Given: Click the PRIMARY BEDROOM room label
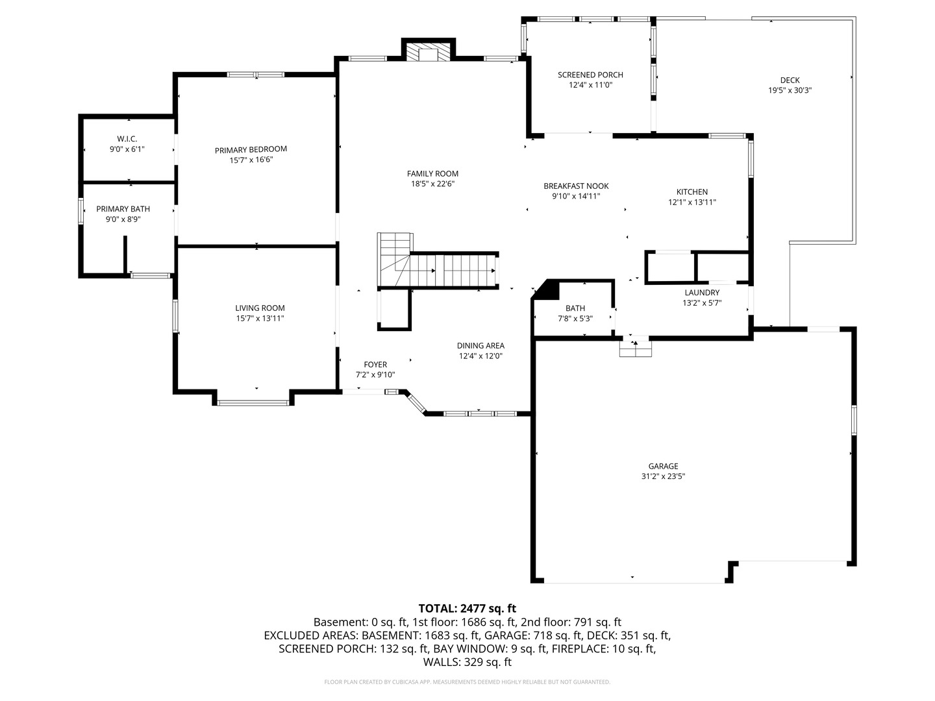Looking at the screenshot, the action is (x=251, y=150).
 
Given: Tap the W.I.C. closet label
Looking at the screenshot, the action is (x=127, y=139).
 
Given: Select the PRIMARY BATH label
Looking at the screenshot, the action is (x=123, y=209).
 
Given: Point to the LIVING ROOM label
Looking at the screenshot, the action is (x=260, y=308).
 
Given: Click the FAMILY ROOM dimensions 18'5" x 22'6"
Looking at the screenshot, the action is (x=432, y=184).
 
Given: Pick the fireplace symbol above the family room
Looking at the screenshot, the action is (x=428, y=52).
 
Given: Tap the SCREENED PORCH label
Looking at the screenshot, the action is (x=590, y=75).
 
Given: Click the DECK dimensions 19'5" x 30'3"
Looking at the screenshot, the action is (x=790, y=90).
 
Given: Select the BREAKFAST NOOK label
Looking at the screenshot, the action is (x=576, y=186).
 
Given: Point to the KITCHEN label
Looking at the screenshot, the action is (x=692, y=192).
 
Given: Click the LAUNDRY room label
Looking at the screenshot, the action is (x=702, y=293).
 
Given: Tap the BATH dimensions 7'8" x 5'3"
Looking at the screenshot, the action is (x=575, y=318).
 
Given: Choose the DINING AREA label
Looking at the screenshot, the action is (x=480, y=345).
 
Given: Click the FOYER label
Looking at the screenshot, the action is (x=375, y=365).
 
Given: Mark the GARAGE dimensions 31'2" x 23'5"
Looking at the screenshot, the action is (x=663, y=476).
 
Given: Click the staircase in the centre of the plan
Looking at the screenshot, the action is (x=438, y=262).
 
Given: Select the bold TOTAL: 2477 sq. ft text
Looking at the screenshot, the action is (x=467, y=609).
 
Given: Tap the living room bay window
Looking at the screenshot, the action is (x=253, y=402).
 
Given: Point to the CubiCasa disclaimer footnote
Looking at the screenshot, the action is (x=467, y=682).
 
